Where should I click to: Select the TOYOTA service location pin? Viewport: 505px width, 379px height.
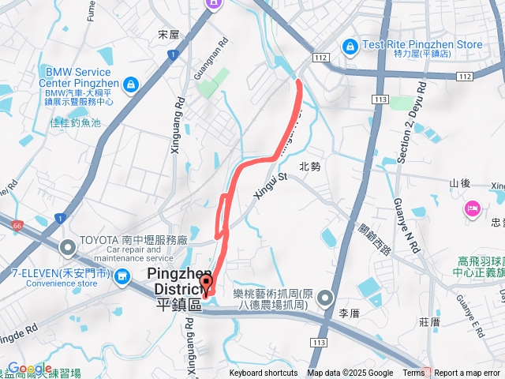68,249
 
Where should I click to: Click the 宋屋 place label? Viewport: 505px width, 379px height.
169,35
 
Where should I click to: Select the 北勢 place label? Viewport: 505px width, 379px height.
310,167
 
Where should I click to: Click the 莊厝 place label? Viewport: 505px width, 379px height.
430,322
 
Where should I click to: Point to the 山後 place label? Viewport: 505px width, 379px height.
460,183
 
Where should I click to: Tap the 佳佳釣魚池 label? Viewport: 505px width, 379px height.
76,122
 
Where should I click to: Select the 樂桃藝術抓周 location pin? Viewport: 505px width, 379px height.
327,298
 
